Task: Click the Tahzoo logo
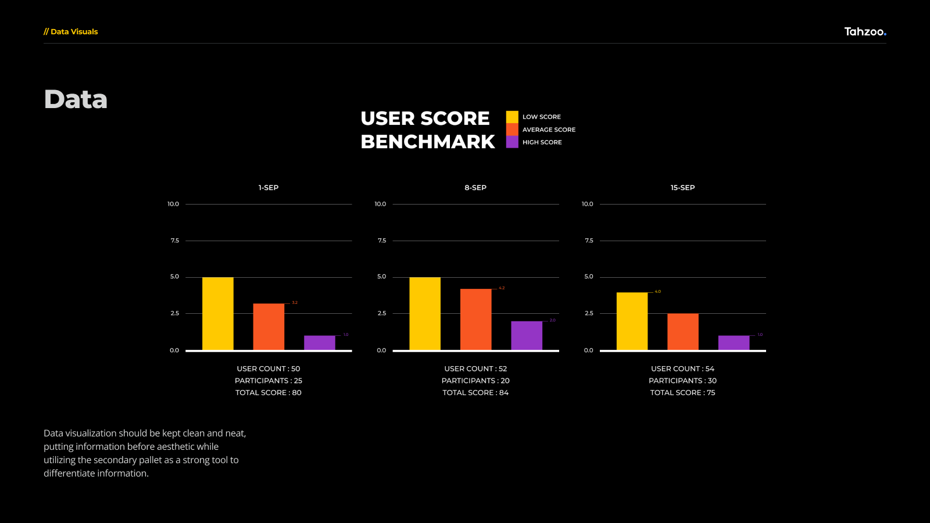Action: (x=865, y=32)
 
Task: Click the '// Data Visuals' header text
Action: (x=71, y=32)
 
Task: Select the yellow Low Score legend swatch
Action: (x=512, y=117)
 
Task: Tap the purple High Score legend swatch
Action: (x=512, y=142)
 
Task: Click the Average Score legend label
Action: (x=549, y=130)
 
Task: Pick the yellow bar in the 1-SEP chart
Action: (x=218, y=314)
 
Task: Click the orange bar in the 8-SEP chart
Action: (x=475, y=320)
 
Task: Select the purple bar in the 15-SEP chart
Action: (x=734, y=343)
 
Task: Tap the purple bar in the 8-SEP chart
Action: (x=527, y=336)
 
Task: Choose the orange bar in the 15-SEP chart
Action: (x=683, y=332)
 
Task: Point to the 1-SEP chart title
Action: (x=269, y=188)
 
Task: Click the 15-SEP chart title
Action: (x=682, y=188)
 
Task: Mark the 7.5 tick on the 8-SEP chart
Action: (x=382, y=241)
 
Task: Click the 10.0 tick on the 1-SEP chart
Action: (x=173, y=204)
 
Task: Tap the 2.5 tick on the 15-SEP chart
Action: (x=589, y=313)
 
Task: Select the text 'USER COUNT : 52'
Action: (x=475, y=369)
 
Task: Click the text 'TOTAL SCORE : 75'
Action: (x=682, y=393)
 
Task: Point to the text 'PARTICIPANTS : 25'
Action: (x=269, y=381)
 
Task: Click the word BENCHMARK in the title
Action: (x=428, y=142)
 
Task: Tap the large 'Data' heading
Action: (x=76, y=99)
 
